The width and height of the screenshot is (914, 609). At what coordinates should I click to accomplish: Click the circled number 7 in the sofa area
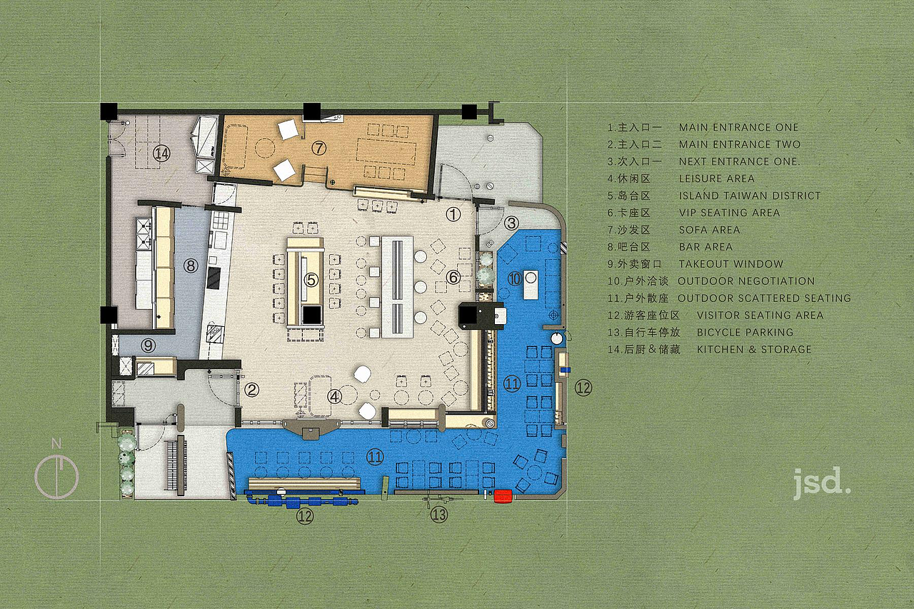pos(318,148)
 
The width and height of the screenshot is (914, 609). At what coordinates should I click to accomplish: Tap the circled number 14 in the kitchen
pos(161,153)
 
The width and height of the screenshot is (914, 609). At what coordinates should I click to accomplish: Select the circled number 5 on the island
pos(311,280)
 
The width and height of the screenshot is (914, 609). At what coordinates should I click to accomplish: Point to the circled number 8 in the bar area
pos(191,266)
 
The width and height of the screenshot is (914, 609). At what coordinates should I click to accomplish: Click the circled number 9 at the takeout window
pos(148,346)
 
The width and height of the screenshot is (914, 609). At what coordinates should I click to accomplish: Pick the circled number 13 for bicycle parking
pos(439,514)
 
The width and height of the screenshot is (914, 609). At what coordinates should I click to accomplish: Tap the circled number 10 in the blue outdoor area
pos(515,279)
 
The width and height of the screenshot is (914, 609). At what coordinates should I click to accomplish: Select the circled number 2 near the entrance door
pos(252,390)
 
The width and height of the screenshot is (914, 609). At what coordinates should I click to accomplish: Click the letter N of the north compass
pos(56,445)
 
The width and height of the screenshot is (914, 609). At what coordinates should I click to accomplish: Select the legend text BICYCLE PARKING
pos(745,333)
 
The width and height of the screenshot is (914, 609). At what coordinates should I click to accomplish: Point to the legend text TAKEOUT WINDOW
pos(731,264)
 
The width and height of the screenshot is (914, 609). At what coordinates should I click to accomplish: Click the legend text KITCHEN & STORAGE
pos(755,350)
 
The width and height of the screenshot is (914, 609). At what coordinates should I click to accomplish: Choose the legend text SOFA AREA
pos(710,230)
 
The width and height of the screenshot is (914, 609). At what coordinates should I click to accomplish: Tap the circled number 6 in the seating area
pos(453,278)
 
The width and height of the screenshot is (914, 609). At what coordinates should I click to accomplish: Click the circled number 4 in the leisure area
pos(335,396)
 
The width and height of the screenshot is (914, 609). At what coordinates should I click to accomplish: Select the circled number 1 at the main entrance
pos(453,213)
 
